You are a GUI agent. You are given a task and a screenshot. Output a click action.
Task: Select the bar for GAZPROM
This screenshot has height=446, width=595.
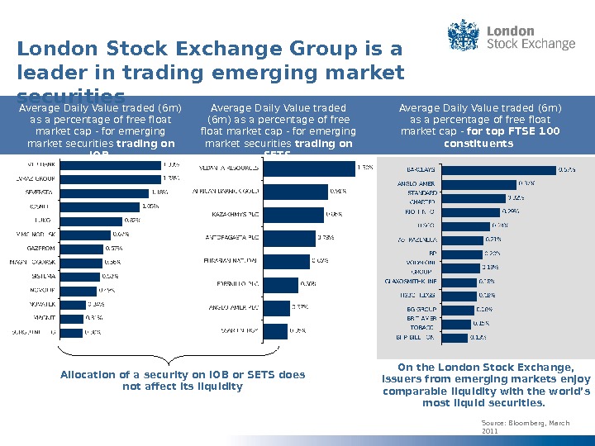click(80, 249)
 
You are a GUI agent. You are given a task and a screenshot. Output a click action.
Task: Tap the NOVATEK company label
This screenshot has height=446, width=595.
click(40, 304)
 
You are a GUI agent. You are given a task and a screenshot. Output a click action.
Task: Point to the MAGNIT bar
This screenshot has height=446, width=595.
click(72, 318)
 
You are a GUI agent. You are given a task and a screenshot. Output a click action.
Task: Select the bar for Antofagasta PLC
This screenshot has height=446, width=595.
click(289, 238)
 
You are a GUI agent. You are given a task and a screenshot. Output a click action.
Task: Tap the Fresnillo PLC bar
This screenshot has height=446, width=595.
click(281, 285)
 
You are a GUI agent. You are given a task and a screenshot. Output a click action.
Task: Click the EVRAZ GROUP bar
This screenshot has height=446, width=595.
click(110, 178)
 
